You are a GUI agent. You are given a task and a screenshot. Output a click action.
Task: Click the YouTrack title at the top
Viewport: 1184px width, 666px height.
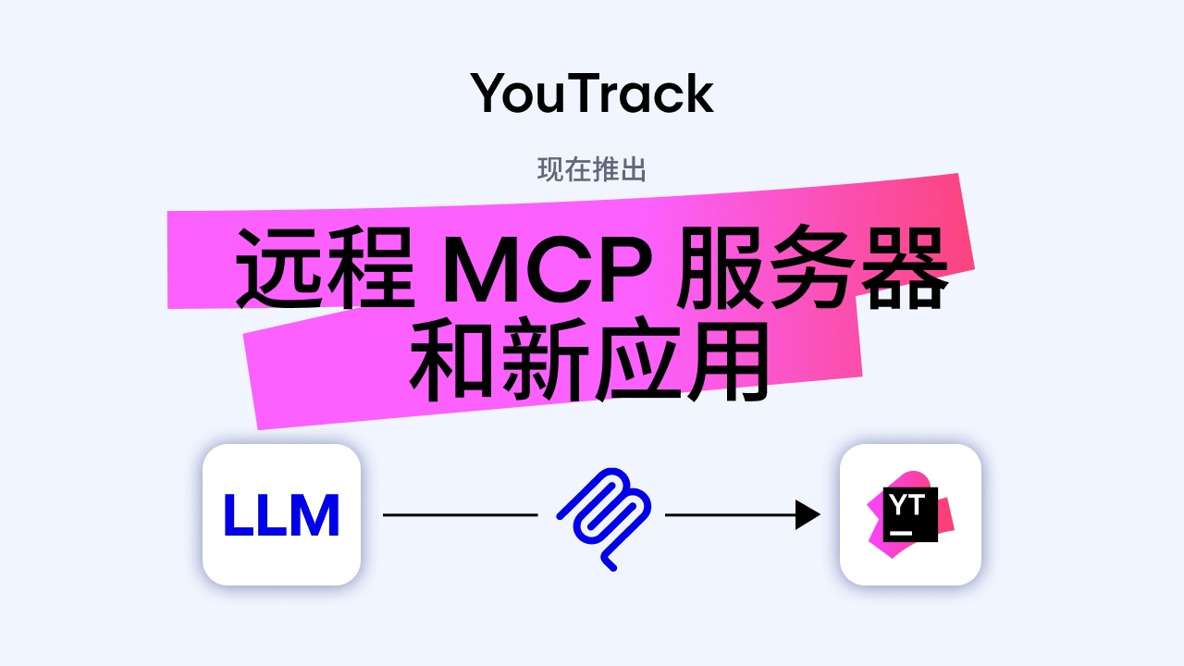click(592, 93)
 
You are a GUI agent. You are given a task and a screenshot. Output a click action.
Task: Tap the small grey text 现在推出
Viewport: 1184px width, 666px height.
click(592, 170)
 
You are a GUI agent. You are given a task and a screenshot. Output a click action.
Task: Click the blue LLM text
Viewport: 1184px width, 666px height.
click(281, 515)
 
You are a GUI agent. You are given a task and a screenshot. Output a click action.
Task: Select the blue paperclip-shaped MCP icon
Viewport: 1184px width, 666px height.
click(603, 516)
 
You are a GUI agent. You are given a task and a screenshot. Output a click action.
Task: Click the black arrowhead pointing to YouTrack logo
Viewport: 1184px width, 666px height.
click(808, 514)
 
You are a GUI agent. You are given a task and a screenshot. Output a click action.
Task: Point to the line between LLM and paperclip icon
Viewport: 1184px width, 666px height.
click(460, 514)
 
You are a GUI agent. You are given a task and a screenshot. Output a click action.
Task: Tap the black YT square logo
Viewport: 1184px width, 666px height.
click(910, 513)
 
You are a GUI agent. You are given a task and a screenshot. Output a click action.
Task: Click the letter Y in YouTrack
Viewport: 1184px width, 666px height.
click(490, 93)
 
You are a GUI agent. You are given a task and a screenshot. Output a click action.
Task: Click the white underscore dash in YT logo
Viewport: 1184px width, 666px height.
click(900, 533)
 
